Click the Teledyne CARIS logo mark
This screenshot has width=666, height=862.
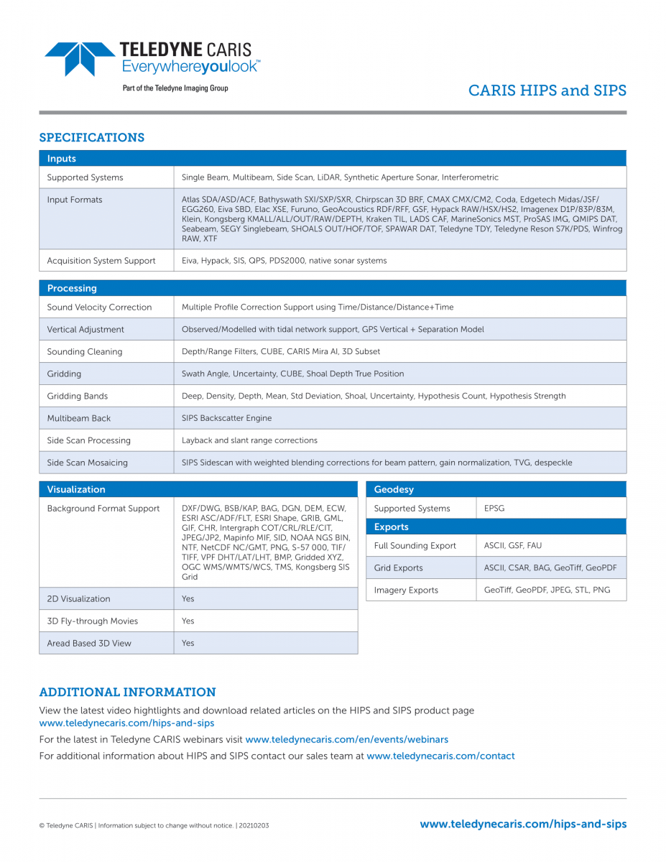click(x=79, y=58)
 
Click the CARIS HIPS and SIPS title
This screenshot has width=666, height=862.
click(x=547, y=91)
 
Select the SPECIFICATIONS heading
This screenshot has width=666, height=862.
click(x=91, y=137)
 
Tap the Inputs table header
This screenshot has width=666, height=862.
click(x=62, y=159)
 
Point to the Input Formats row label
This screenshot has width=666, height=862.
click(x=75, y=200)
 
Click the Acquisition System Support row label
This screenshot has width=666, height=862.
click(x=101, y=261)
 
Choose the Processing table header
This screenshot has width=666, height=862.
click(x=72, y=288)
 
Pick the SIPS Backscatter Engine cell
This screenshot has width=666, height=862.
click(x=226, y=418)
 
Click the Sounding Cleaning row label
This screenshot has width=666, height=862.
click(x=85, y=351)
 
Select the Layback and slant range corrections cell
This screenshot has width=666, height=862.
click(x=249, y=440)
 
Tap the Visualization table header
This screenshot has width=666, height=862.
click(x=76, y=489)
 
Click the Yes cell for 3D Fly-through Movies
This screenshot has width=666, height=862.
click(x=188, y=621)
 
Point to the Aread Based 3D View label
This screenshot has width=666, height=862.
click(x=89, y=643)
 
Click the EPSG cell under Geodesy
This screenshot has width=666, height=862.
click(x=494, y=508)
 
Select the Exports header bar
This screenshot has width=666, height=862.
click(x=392, y=527)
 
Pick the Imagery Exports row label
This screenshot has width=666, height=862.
click(x=406, y=590)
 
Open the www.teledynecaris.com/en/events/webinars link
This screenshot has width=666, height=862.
click(x=346, y=739)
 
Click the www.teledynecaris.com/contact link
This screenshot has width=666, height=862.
click(x=440, y=756)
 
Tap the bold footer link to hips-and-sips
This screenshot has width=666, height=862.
click(x=523, y=824)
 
